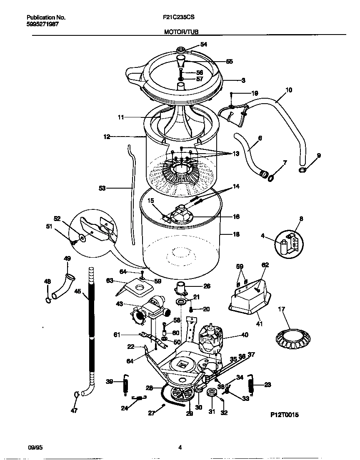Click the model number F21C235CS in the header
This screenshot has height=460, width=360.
(x=179, y=18)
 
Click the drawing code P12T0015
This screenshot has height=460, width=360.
(x=285, y=415)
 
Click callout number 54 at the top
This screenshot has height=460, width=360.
(x=203, y=44)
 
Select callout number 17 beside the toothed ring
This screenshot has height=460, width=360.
(x=282, y=309)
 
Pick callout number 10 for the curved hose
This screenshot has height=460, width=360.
(x=288, y=90)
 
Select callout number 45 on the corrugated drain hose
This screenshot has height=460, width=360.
(x=77, y=292)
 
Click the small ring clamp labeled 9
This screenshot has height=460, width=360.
(x=303, y=169)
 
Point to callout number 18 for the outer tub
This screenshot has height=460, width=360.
(x=236, y=235)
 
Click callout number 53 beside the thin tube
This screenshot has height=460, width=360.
(x=102, y=188)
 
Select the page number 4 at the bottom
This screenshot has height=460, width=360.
(x=180, y=448)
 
